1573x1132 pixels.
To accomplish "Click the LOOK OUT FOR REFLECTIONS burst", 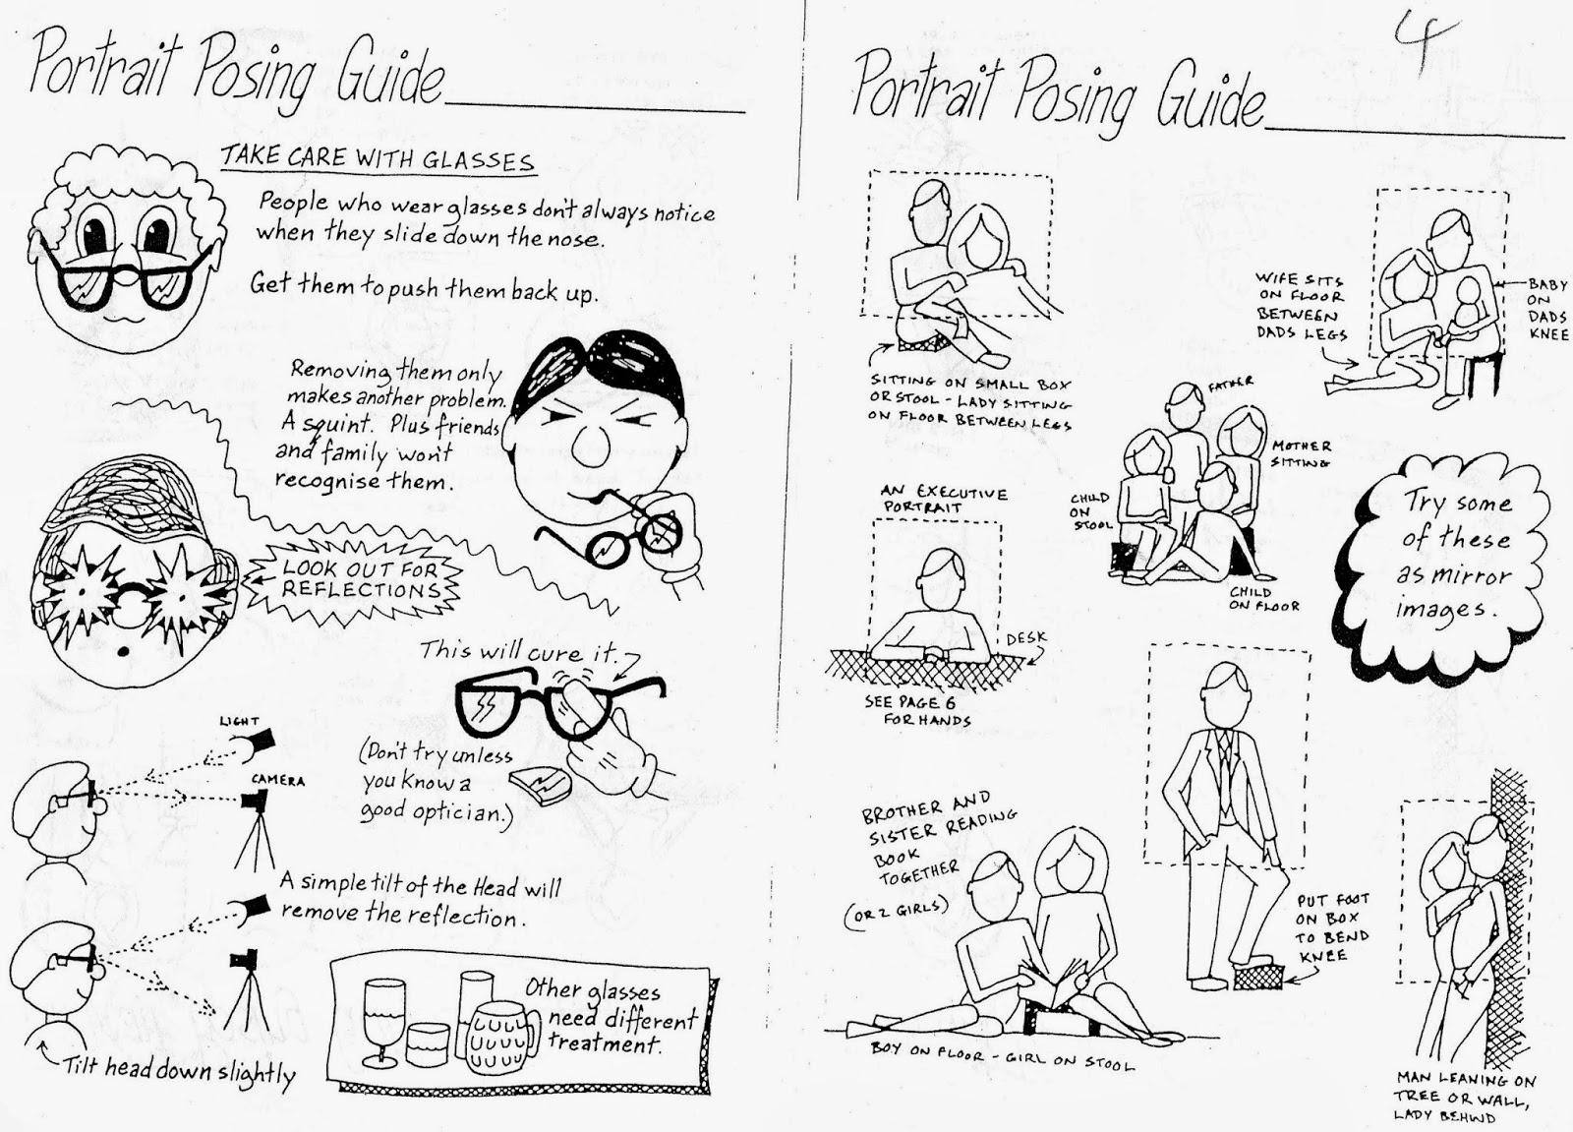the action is tap(354, 580).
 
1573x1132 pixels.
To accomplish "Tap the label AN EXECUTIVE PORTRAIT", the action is tap(944, 499).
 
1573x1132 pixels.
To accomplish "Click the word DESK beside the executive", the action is tap(1026, 638).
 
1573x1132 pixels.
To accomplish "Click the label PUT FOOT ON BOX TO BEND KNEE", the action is tap(1332, 927).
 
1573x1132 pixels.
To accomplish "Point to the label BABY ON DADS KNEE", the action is tap(1547, 309).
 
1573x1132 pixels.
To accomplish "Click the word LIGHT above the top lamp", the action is tap(239, 721).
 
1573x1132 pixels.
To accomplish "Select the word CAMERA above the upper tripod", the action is tap(278, 780).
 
